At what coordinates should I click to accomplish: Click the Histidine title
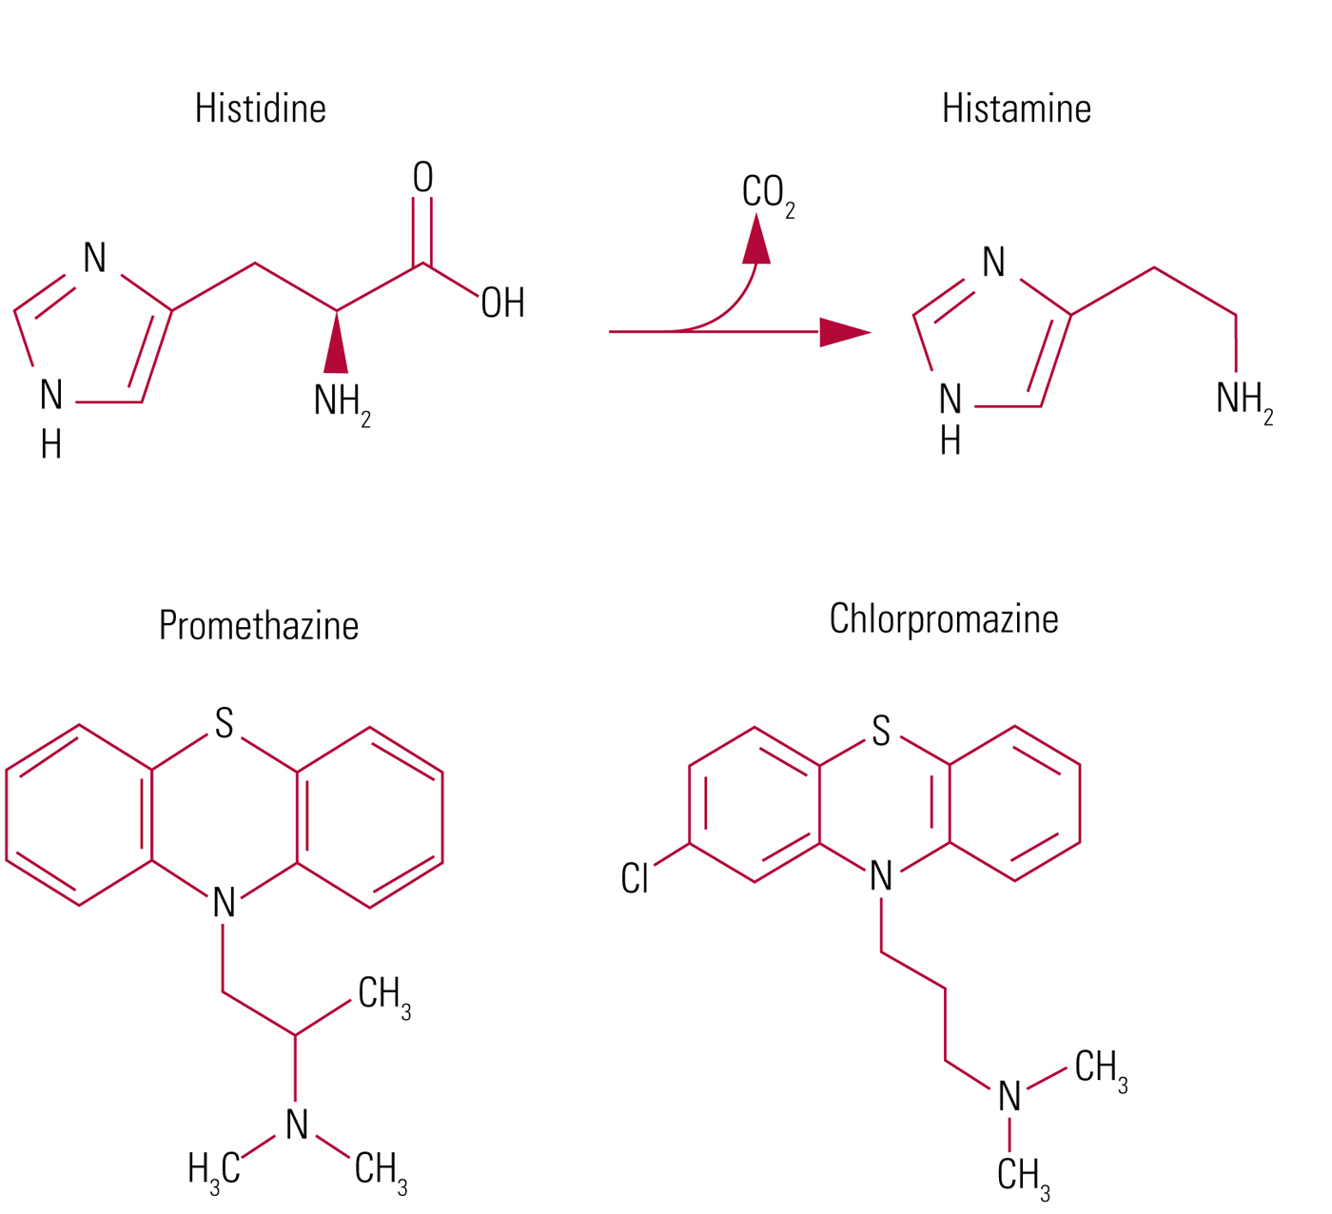pyautogui.click(x=260, y=108)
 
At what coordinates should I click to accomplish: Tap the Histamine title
pyautogui.click(x=1015, y=108)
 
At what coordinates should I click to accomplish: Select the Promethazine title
pyautogui.click(x=258, y=625)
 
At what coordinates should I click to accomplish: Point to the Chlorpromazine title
pyautogui.click(x=943, y=618)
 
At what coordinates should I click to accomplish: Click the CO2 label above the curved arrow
pyautogui.click(x=766, y=193)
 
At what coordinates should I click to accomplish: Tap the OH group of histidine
pyautogui.click(x=502, y=303)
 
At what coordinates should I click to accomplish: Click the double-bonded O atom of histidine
pyautogui.click(x=422, y=177)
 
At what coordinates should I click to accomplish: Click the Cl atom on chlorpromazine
pyautogui.click(x=635, y=878)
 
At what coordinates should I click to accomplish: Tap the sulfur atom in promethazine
pyautogui.click(x=224, y=723)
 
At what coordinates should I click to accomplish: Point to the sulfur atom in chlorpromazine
pyautogui.click(x=881, y=731)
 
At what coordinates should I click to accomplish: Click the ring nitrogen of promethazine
pyautogui.click(x=224, y=902)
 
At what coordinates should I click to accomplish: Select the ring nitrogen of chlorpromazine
pyautogui.click(x=881, y=876)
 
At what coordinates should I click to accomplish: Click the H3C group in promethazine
pyautogui.click(x=214, y=1168)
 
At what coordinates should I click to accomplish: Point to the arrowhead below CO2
pyautogui.click(x=756, y=239)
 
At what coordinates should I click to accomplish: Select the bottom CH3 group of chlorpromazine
pyautogui.click(x=1023, y=1175)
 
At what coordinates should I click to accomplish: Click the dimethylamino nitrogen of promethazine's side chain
pyautogui.click(x=297, y=1125)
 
